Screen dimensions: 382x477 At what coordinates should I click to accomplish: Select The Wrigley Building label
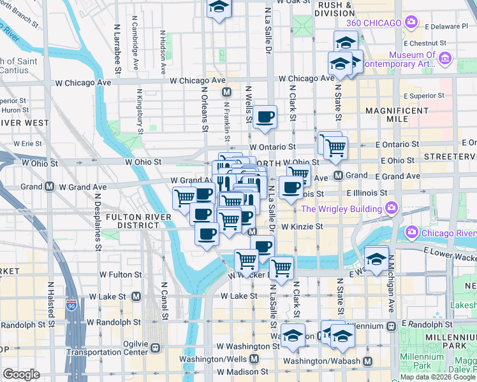point(341,208)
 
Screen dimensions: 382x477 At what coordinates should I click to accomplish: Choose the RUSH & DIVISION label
point(335,8)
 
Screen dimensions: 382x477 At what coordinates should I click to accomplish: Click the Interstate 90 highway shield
point(73,306)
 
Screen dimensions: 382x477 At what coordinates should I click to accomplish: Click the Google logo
point(21,374)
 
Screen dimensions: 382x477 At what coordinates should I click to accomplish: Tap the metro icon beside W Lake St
point(136,297)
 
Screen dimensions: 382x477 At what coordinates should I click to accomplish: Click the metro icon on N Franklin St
point(226,92)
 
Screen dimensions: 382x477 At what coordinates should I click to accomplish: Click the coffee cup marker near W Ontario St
point(265,117)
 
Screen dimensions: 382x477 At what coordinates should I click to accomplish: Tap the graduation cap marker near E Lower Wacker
point(377,258)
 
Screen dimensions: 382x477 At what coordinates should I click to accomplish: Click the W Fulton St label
point(121,274)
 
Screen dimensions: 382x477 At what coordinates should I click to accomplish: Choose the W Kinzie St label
point(302,226)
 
